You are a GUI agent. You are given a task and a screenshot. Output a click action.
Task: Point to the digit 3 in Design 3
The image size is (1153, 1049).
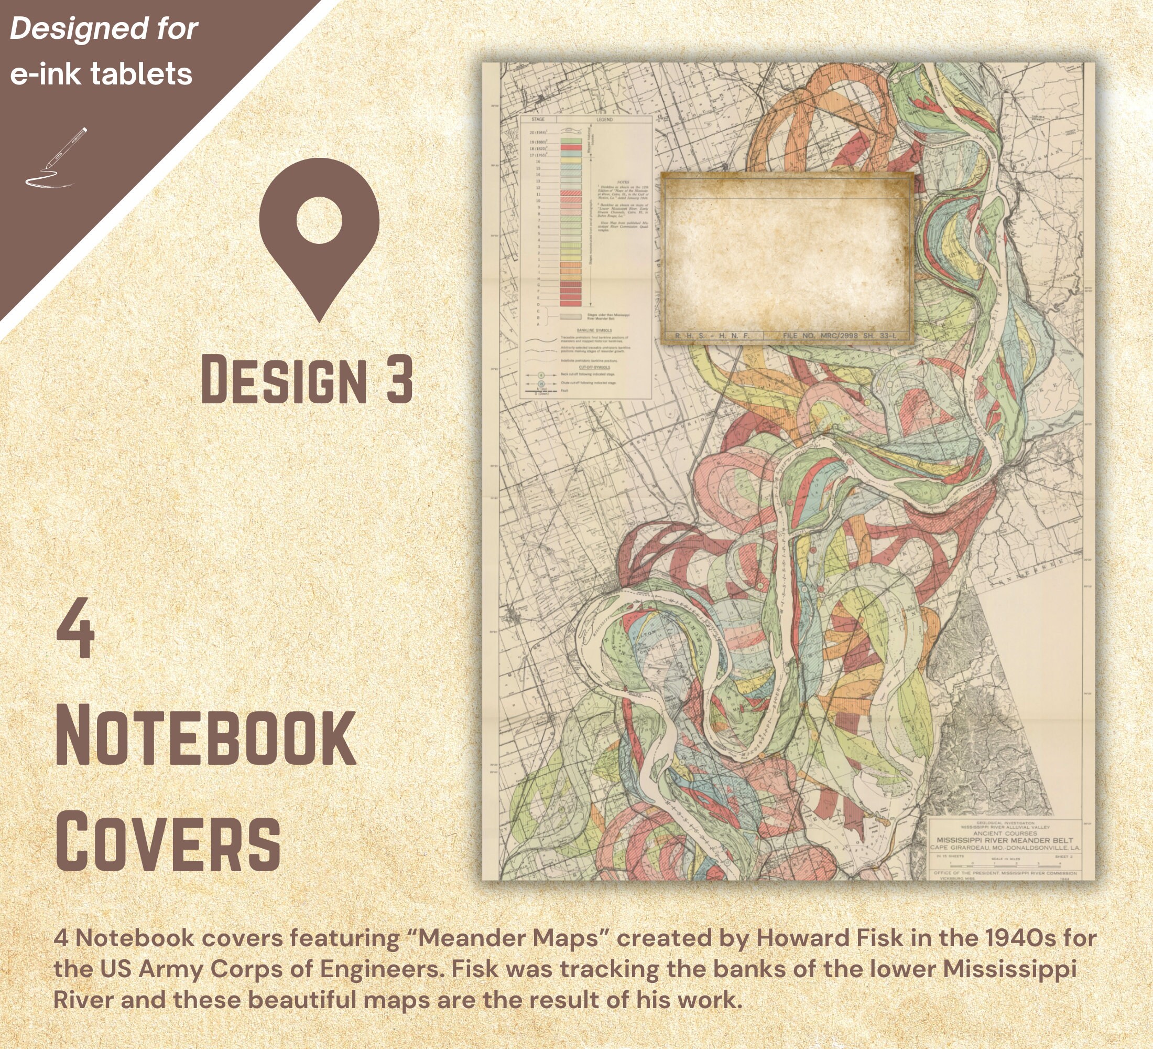(399, 379)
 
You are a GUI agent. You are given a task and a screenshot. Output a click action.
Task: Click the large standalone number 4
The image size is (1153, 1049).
(75, 628)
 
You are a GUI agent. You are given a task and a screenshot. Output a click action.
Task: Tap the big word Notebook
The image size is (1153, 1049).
(206, 735)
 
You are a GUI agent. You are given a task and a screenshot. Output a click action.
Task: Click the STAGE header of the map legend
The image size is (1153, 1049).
(538, 120)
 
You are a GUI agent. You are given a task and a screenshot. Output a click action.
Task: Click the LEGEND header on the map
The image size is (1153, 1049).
(604, 120)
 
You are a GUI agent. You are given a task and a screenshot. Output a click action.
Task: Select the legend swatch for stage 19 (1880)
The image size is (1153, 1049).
(571, 141)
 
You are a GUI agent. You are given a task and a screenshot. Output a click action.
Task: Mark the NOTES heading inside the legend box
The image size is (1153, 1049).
(623, 182)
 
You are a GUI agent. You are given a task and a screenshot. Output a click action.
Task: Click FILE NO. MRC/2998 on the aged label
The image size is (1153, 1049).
(839, 335)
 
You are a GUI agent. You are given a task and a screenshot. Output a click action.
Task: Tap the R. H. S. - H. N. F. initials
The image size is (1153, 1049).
(712, 335)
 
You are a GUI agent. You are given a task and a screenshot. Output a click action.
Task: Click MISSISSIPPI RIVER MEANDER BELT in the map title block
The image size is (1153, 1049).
(1005, 840)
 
